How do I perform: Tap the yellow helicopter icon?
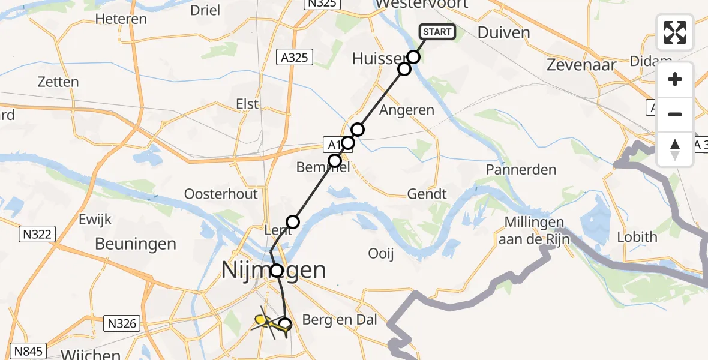(268, 324)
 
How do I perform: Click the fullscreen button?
(675, 32)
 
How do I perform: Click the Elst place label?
(247, 104)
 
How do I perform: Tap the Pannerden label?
(521, 170)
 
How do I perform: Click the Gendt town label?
(427, 194)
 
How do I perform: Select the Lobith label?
(637, 237)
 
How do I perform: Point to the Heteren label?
(121, 19)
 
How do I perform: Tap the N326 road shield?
(123, 325)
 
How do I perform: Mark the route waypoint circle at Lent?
(293, 223)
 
